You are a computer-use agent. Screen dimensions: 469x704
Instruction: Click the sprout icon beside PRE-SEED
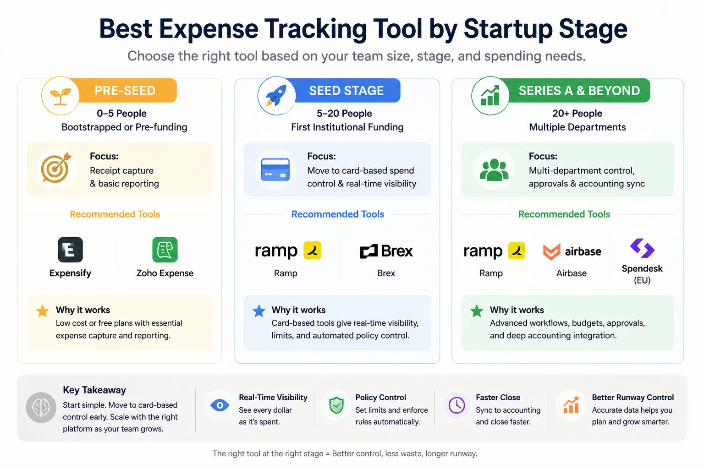[x=60, y=96]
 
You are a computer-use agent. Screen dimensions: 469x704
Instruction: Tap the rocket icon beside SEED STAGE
[x=276, y=96]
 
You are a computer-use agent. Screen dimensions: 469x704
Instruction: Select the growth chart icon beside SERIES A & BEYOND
[x=490, y=96]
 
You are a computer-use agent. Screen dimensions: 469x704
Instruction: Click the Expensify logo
[x=70, y=250]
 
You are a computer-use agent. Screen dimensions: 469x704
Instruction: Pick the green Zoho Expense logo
[x=165, y=250]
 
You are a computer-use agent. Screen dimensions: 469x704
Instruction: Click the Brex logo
[x=386, y=251]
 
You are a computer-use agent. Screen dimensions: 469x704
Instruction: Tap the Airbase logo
[x=572, y=251]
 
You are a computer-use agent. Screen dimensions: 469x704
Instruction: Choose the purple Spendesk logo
[x=642, y=248]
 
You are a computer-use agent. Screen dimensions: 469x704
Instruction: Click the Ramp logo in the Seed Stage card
[x=287, y=251]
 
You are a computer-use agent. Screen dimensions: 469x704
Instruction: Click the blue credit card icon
[x=275, y=169]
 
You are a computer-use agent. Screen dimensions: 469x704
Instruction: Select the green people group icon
[x=494, y=169]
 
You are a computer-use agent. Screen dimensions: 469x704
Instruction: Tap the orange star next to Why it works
[x=43, y=311]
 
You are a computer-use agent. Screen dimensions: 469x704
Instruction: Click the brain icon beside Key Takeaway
[x=41, y=407]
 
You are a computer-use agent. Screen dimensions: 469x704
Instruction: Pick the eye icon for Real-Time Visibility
[x=220, y=405]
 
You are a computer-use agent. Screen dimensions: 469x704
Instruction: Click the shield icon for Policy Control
[x=337, y=405]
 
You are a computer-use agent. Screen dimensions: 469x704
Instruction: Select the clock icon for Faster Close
[x=456, y=405]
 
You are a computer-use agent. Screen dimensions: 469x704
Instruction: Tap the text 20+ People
[x=577, y=113]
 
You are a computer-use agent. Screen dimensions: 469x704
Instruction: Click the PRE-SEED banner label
[x=125, y=91]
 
